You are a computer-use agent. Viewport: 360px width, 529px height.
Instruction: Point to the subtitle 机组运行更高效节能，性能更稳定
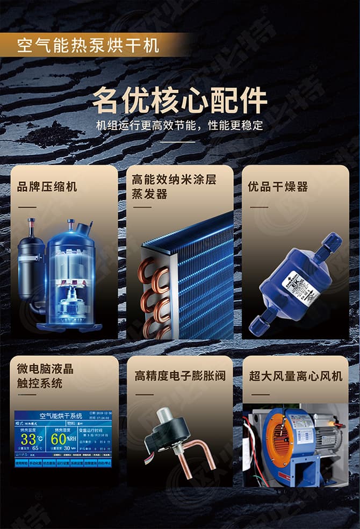[x=179, y=126]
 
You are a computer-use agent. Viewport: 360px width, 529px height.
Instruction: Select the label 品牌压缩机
[x=47, y=187]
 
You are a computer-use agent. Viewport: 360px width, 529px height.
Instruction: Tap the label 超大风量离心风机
[x=296, y=376]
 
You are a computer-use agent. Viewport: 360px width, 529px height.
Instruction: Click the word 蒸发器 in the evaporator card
[x=150, y=194]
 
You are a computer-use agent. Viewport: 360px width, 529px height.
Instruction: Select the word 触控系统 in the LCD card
[x=39, y=383]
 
